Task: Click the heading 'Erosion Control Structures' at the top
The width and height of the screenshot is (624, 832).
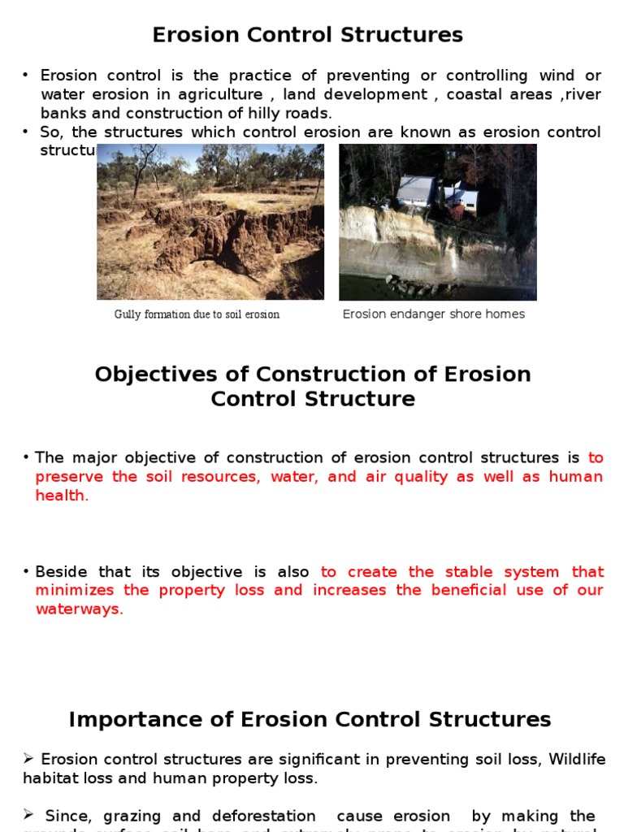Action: (308, 35)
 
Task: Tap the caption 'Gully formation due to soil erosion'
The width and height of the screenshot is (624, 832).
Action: (197, 314)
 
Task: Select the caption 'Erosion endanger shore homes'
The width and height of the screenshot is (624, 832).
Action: (433, 314)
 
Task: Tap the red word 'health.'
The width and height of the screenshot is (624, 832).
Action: (62, 496)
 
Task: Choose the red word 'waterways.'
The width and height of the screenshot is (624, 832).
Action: (79, 609)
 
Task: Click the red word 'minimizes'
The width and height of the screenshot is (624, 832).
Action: (74, 591)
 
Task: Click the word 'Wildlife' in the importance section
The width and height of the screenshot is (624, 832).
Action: (577, 760)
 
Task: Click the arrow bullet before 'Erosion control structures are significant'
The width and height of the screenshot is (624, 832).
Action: (28, 760)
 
